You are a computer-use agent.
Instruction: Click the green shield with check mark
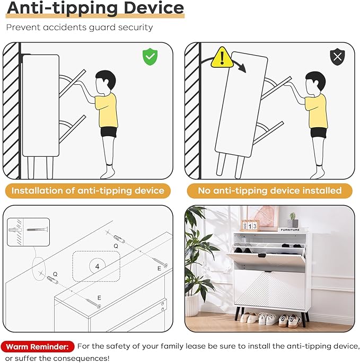(x=150, y=57)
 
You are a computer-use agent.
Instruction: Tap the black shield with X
(x=337, y=57)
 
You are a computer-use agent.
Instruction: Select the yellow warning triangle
(x=222, y=58)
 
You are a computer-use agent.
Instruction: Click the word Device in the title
(x=154, y=8)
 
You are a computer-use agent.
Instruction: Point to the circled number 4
(x=98, y=266)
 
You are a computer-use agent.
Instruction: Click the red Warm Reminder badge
(x=37, y=347)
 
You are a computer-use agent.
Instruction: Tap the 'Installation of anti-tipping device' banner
(x=88, y=191)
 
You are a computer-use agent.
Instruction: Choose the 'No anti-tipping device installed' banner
(x=270, y=191)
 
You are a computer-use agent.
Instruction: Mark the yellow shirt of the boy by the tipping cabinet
(x=316, y=111)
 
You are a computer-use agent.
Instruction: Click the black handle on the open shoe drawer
(x=262, y=255)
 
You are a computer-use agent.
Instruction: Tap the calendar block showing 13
(x=250, y=226)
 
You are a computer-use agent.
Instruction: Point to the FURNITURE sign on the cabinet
(x=290, y=229)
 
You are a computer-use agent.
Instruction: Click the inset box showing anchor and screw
(x=28, y=232)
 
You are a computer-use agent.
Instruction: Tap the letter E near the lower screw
(x=99, y=298)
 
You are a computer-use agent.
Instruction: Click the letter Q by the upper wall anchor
(x=116, y=246)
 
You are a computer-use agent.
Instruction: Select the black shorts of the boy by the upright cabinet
(x=108, y=132)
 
